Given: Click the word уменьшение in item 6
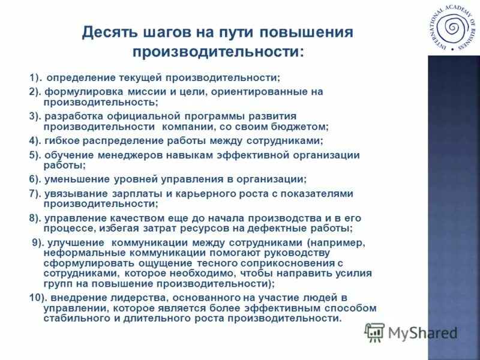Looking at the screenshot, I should click(74, 179).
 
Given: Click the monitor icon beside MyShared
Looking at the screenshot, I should click(374, 332).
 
